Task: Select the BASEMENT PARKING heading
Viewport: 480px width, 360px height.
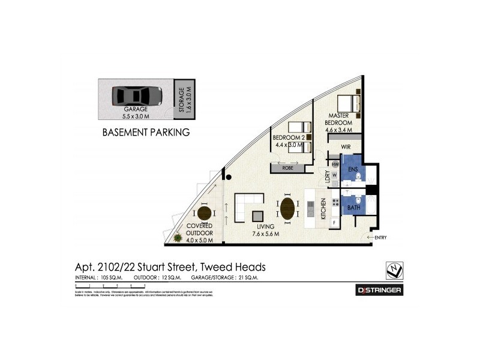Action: pos(146,131)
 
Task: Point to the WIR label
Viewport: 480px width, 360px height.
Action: pos(346,146)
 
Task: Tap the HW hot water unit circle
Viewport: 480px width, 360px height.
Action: pos(335,164)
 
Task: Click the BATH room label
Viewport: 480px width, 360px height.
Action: pos(354,208)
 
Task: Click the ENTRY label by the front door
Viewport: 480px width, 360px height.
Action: pos(380,238)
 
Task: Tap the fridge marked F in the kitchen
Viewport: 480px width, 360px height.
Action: pos(334,223)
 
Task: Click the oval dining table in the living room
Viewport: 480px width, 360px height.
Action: pos(288,209)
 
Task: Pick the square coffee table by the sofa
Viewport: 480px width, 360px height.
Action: pos(257,216)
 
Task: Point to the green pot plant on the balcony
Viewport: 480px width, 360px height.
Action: pos(178,239)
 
